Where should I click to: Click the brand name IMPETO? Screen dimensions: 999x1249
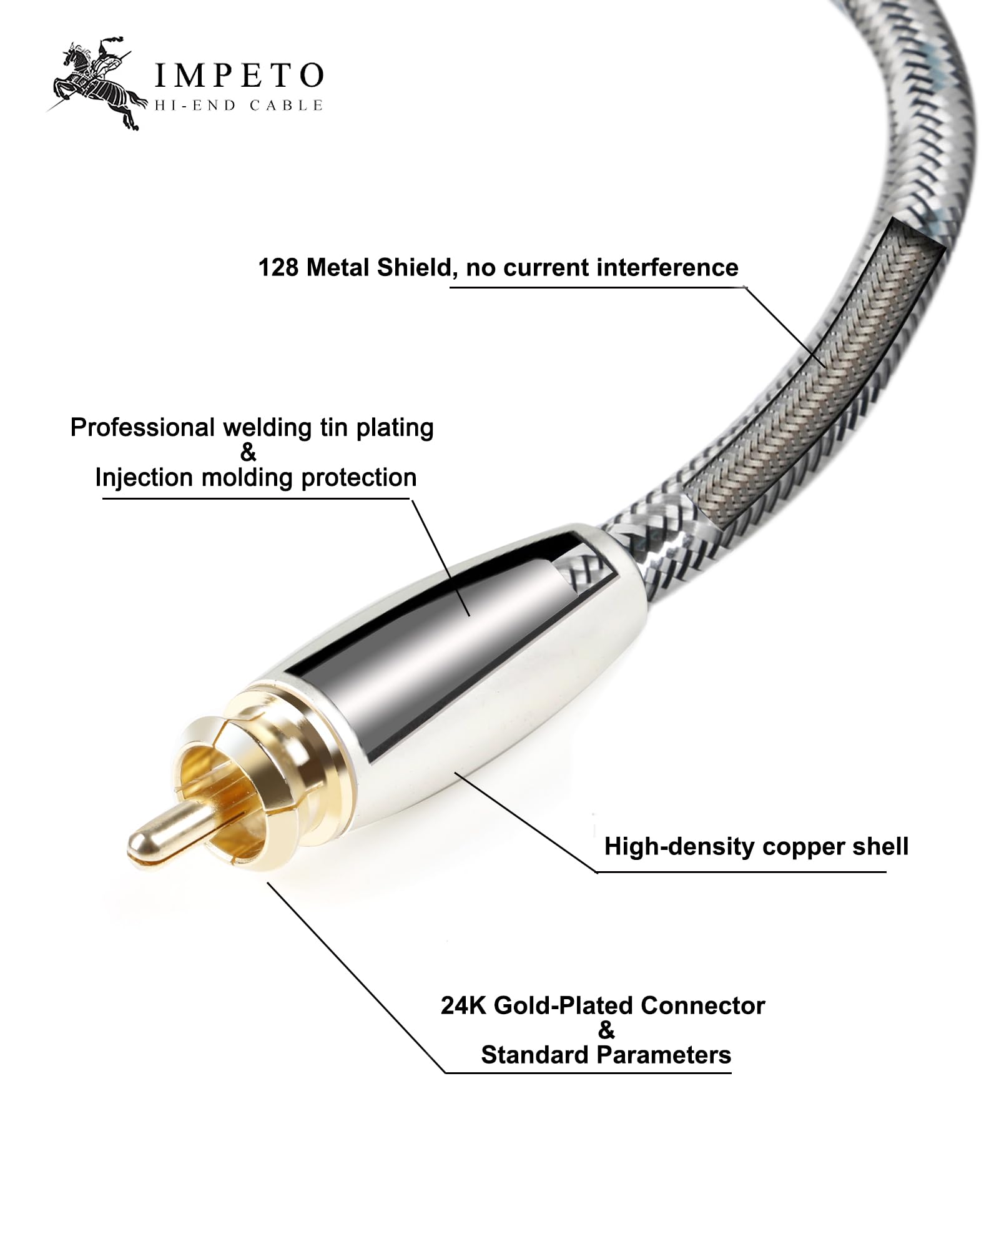(x=239, y=76)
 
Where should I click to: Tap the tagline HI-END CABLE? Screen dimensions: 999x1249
(x=239, y=106)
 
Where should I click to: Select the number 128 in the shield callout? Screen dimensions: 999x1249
(x=278, y=268)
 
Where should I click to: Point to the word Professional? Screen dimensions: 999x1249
(x=142, y=428)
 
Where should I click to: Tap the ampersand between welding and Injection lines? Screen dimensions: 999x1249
(x=249, y=452)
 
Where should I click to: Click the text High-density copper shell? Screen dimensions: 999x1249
(x=756, y=847)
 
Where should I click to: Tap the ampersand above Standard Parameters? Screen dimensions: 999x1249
(x=606, y=1030)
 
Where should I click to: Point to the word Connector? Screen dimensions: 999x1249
(x=702, y=1005)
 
